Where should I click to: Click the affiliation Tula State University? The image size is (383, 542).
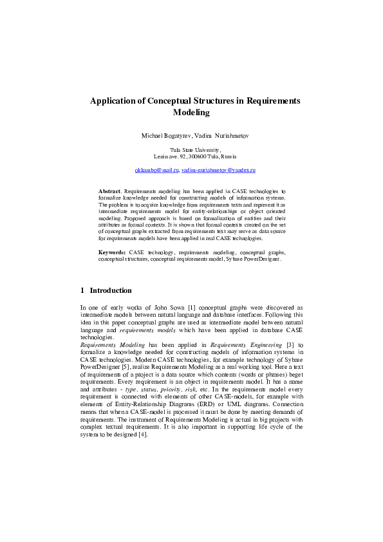pyautogui.click(x=192, y=149)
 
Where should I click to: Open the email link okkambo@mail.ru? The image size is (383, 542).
pyautogui.click(x=156, y=170)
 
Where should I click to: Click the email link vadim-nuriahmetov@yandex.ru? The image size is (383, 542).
pyautogui.click(x=218, y=170)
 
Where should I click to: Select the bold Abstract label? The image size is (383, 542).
pyautogui.click(x=109, y=192)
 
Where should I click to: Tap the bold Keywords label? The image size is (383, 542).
pyautogui.click(x=112, y=253)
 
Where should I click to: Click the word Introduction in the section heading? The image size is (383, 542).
pyautogui.click(x=111, y=290)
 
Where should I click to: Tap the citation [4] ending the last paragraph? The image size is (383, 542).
pyautogui.click(x=144, y=434)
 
